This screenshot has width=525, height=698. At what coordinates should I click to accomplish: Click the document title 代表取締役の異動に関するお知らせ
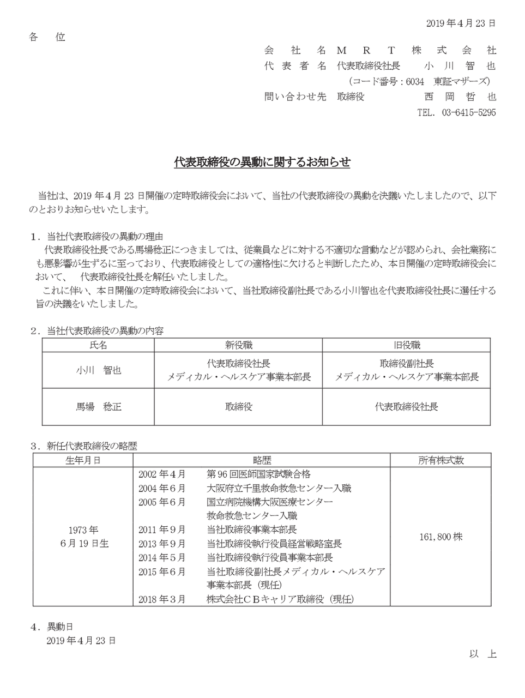click(262, 162)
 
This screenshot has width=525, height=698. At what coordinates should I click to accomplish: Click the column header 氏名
click(98, 345)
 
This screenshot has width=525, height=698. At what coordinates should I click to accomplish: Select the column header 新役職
click(238, 345)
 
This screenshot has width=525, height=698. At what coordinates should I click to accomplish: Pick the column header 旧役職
click(406, 345)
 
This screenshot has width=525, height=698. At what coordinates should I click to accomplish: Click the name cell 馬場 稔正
click(98, 407)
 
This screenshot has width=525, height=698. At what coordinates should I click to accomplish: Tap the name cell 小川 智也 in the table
click(98, 370)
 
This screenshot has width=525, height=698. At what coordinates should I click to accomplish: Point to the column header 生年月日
click(83, 460)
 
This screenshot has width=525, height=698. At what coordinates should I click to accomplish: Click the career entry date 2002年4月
click(162, 474)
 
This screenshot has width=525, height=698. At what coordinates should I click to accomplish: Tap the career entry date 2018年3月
click(162, 599)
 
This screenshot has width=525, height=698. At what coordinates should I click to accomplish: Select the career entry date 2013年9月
click(162, 544)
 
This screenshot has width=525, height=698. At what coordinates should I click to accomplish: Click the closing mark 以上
click(483, 654)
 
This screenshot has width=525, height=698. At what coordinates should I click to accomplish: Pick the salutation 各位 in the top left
click(47, 37)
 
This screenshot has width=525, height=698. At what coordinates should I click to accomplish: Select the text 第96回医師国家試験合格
click(259, 474)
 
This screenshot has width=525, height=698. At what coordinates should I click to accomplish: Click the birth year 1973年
click(83, 529)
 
